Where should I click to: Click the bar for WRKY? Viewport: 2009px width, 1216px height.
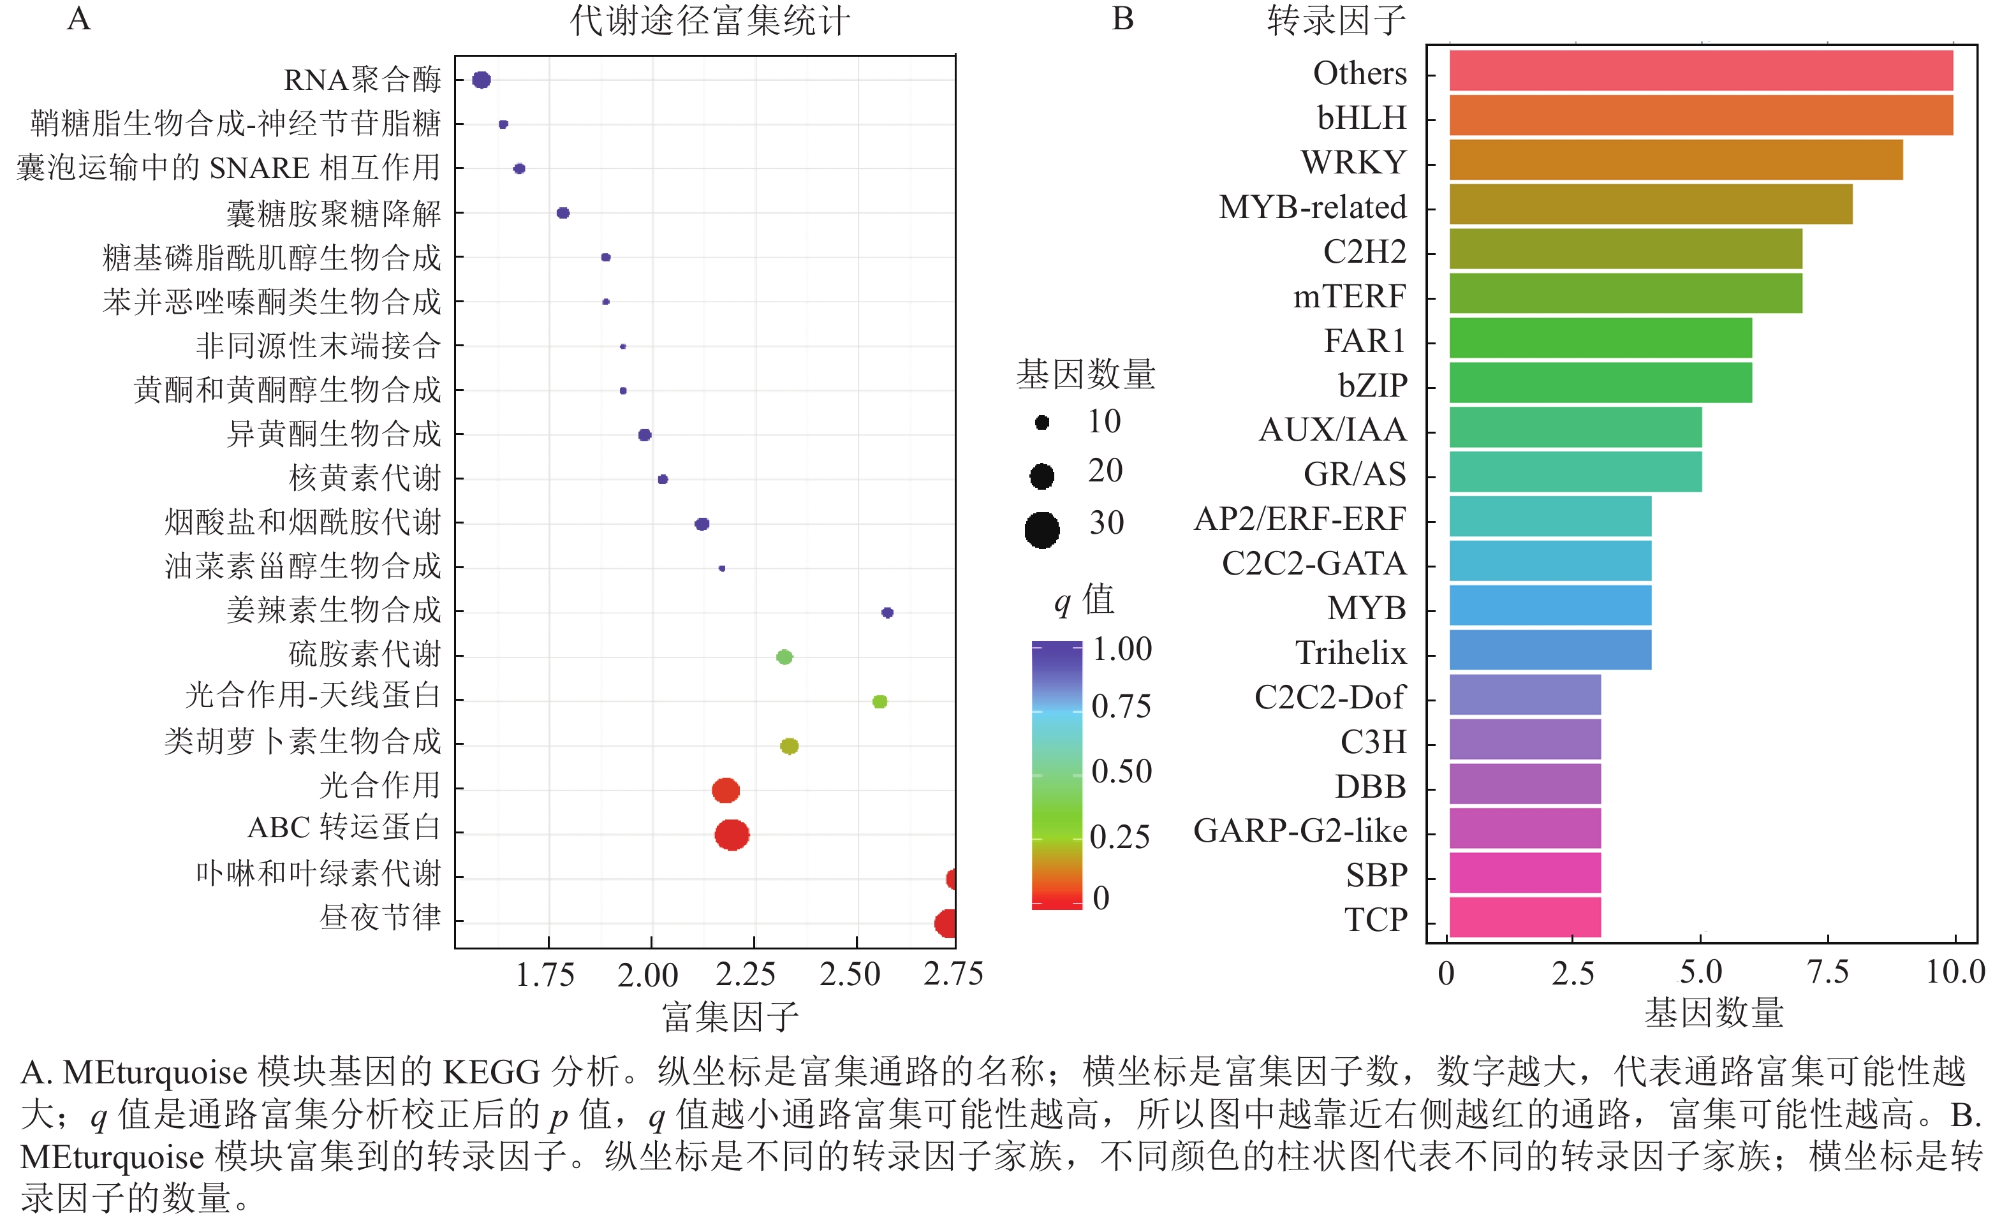[1675, 160]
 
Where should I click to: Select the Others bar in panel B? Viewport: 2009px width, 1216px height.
[1701, 71]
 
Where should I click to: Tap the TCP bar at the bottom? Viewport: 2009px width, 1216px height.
[1525, 918]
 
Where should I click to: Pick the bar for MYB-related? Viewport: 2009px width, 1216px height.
[1651, 204]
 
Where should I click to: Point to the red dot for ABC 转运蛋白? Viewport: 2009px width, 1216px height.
[732, 835]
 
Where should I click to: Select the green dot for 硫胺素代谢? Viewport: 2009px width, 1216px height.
[784, 657]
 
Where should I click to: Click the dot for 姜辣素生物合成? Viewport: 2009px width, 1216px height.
[887, 612]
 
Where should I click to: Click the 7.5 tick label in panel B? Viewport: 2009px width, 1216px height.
[1827, 972]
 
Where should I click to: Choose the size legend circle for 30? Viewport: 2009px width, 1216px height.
[1042, 530]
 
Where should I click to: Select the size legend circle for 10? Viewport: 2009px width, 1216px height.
[1041, 422]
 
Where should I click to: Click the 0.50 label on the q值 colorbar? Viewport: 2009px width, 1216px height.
[1121, 772]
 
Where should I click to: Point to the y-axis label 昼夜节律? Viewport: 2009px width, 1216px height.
[380, 917]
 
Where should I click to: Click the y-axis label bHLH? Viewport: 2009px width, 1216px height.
[1362, 118]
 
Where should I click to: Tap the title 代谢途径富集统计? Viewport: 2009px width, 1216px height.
[709, 21]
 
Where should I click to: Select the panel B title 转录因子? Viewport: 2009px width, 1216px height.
[1336, 20]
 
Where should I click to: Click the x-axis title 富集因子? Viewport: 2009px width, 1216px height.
[730, 1016]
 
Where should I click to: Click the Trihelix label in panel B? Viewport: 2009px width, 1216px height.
[1350, 653]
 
